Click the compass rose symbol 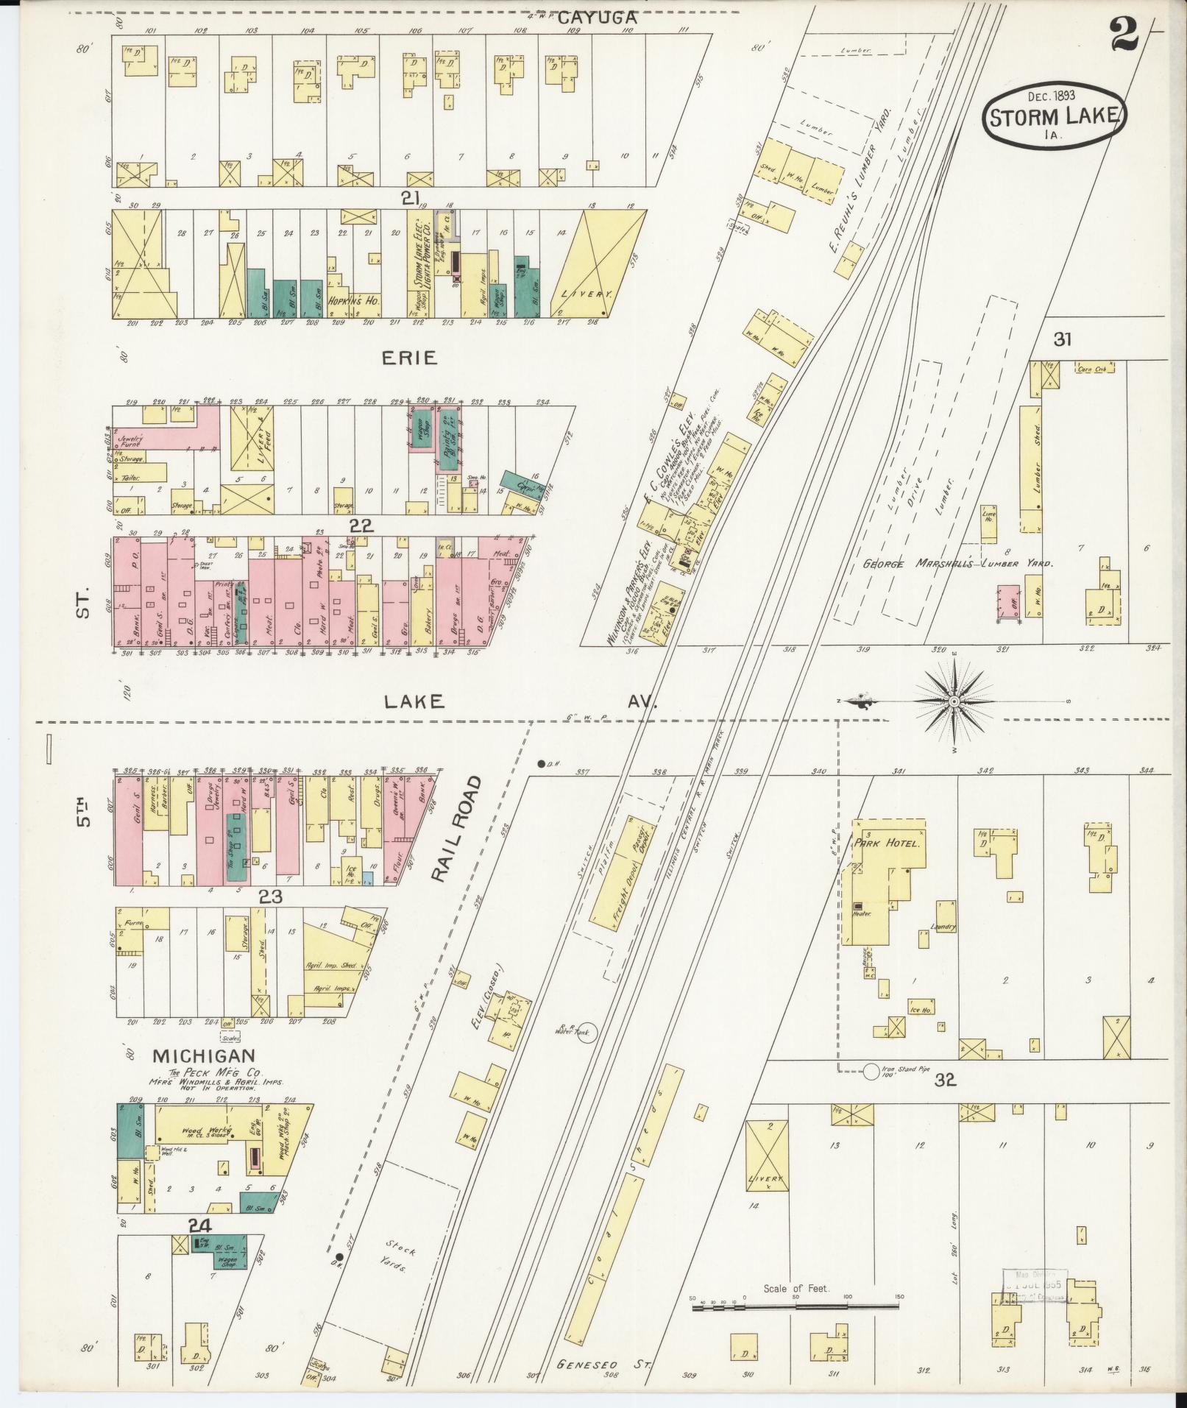coord(954,700)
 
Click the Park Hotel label coord(886,843)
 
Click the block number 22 coord(362,526)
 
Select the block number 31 coord(1061,339)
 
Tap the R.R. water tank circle coord(586,1033)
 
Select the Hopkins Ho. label coord(353,301)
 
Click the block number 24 coord(200,1225)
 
